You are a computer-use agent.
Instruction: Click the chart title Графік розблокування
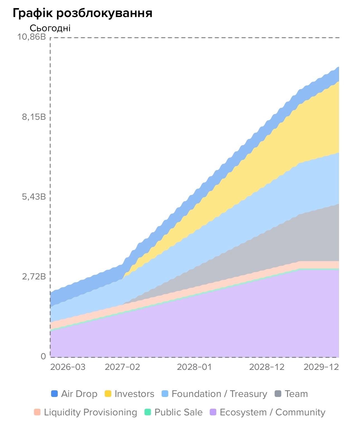(x=83, y=13)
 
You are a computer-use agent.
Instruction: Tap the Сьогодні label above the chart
(x=50, y=28)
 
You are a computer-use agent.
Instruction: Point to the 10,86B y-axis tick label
(x=32, y=37)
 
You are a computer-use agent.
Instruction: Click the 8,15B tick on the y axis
(x=34, y=117)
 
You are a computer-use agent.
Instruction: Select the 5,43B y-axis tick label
(x=34, y=197)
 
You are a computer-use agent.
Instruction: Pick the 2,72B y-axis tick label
(x=34, y=277)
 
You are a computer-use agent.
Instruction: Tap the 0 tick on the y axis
(x=43, y=356)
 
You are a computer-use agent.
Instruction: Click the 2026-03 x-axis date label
(x=68, y=367)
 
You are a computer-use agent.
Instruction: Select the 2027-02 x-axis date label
(x=122, y=367)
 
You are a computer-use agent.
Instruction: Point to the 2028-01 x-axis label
(x=195, y=367)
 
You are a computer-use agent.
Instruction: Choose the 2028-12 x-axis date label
(x=267, y=367)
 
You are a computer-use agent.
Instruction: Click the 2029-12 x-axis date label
(x=321, y=367)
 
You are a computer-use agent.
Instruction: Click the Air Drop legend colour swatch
(x=54, y=394)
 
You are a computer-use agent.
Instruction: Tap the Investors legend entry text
(x=134, y=394)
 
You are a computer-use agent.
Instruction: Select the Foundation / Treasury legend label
(x=219, y=394)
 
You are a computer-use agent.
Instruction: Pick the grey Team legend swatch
(x=278, y=394)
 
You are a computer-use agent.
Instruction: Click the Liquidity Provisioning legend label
(x=90, y=412)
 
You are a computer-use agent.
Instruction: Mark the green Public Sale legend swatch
(x=148, y=412)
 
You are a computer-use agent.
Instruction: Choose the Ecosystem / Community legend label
(x=272, y=412)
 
